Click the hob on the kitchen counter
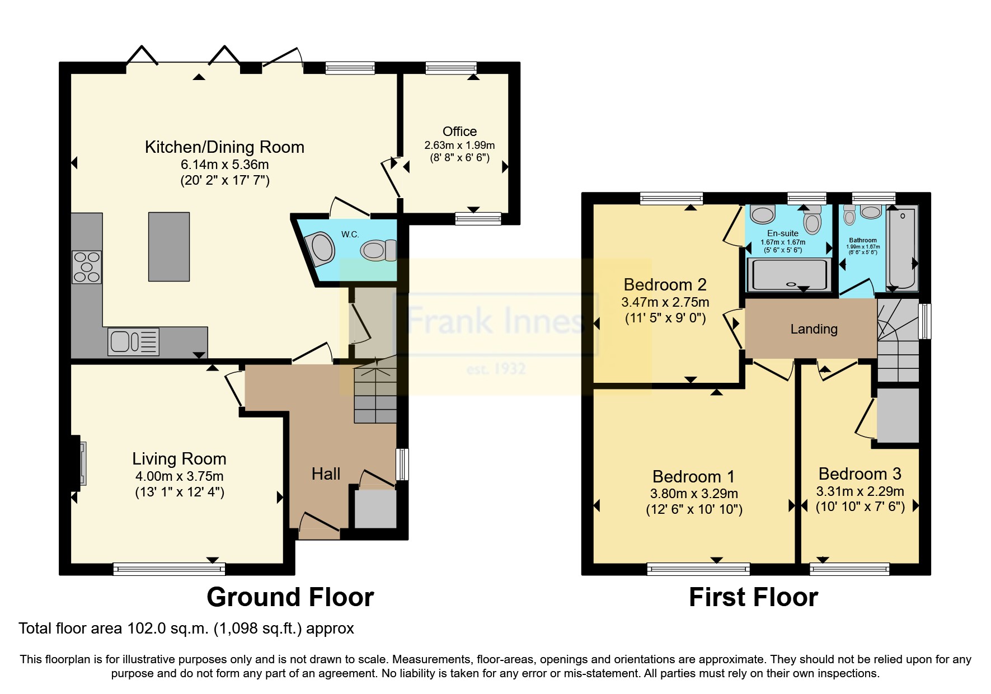pyautogui.click(x=87, y=267)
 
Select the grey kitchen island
pyautogui.click(x=168, y=246)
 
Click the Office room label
pyautogui.click(x=459, y=132)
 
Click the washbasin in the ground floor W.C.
pyautogui.click(x=321, y=249)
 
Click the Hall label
pyautogui.click(x=326, y=474)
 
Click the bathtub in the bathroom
pyautogui.click(x=903, y=248)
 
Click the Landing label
pyautogui.click(x=814, y=329)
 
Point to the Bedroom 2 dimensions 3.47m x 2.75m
pyautogui.click(x=665, y=302)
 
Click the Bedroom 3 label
pyautogui.click(x=860, y=474)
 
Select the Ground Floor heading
pyautogui.click(x=290, y=597)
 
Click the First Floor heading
pyautogui.click(x=753, y=597)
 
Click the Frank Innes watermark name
pyautogui.click(x=495, y=321)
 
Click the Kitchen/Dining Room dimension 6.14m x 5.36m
pyautogui.click(x=224, y=165)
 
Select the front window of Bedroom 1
pyautogui.click(x=698, y=569)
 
